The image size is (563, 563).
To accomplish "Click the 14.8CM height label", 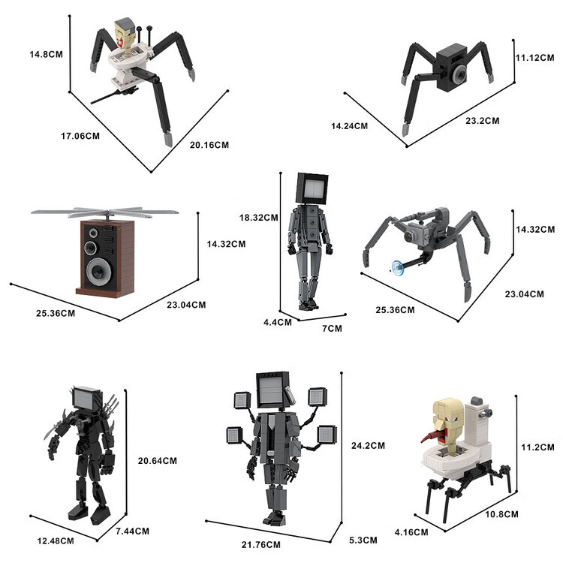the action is click(46, 54).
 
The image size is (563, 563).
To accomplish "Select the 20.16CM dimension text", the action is click(209, 145).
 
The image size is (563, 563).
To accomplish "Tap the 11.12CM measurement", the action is click(535, 58).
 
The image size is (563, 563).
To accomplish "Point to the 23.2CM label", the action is click(483, 121).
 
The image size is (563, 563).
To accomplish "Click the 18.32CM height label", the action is click(259, 218).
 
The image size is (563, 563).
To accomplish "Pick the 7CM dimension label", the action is click(332, 328).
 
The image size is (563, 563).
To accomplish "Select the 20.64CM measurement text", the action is click(158, 461).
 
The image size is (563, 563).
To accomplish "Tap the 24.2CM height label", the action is click(368, 446).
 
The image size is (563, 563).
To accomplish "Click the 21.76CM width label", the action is click(261, 545).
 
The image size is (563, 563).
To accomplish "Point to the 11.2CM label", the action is click(538, 447).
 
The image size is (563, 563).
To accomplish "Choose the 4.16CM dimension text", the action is click(411, 532).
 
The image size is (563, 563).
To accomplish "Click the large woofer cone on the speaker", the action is click(99, 270).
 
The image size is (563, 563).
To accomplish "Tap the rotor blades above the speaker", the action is click(105, 212).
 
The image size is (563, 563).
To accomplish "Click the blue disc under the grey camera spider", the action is click(398, 268).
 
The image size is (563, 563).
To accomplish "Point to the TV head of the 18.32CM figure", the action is click(312, 188).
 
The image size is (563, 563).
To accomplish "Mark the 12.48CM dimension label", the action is click(56, 540).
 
